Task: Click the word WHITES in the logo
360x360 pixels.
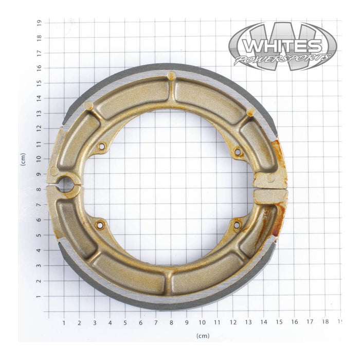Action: (282, 46)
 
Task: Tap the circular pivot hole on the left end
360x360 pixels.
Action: (66, 185)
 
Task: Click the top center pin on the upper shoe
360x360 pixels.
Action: (171, 76)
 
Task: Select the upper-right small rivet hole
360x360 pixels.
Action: (237, 152)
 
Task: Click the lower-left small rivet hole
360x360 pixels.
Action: (100, 224)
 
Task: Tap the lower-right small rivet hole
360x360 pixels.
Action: (237, 224)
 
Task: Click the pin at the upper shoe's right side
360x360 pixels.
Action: (251, 112)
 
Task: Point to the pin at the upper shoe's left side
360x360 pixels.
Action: (88, 105)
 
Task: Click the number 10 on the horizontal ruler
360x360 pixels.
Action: (202, 322)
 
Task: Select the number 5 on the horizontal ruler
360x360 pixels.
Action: (125, 322)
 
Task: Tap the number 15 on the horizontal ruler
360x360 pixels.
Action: (278, 322)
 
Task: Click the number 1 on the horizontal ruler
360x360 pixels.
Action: (64, 322)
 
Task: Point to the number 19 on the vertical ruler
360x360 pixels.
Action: (39, 22)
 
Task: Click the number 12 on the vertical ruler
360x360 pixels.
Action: (39, 129)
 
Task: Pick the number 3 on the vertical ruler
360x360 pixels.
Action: (39, 266)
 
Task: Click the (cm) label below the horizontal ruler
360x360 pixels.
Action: (202, 335)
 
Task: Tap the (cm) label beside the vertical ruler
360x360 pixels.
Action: (23, 159)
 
